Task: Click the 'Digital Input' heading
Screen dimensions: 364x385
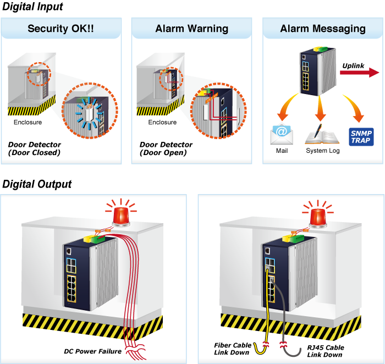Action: coord(32,7)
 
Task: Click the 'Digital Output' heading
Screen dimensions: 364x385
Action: coord(37,184)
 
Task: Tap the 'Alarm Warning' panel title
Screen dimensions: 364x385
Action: coord(192,29)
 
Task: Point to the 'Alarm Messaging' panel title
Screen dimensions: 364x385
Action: coord(322,29)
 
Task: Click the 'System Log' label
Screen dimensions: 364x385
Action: coord(323,151)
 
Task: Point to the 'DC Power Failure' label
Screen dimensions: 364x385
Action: coord(92,351)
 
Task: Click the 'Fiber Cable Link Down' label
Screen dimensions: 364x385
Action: coord(233,349)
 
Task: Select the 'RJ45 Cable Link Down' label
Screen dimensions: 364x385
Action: coord(326,351)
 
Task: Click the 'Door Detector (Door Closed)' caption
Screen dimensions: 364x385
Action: coord(34,148)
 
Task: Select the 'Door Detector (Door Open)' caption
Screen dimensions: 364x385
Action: coord(166,148)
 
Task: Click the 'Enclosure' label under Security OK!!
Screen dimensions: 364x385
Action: coord(28,122)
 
